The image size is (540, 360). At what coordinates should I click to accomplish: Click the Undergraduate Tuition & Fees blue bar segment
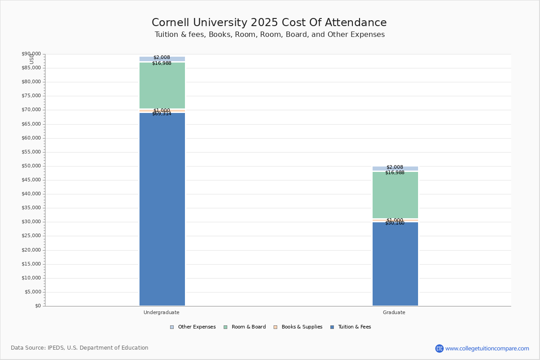pos(162,209)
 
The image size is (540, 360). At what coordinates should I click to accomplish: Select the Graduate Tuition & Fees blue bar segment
pos(395,264)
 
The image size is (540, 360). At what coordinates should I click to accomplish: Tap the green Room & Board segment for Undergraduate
pos(162,85)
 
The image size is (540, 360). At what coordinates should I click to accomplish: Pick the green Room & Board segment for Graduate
pos(395,195)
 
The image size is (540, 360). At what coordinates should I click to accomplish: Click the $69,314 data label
pos(162,114)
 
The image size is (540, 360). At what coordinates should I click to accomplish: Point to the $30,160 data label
pos(395,223)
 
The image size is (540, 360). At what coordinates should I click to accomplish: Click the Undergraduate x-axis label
pos(162,312)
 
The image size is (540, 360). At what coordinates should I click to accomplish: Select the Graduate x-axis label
pos(394,312)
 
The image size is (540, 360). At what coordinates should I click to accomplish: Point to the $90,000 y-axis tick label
pos(31,54)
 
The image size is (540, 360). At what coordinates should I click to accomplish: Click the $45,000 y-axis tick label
pos(31,180)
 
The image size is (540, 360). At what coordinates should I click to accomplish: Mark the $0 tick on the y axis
pos(38,306)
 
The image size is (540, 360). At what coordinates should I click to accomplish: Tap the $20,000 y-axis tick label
pos(31,250)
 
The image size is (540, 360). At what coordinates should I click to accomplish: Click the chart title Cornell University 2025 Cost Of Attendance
pos(269,23)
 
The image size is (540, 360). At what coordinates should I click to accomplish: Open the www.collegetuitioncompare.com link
pos(487,348)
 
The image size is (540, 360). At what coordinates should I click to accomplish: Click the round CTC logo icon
pos(439,348)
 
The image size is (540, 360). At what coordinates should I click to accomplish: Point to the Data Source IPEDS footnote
pos(80,348)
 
